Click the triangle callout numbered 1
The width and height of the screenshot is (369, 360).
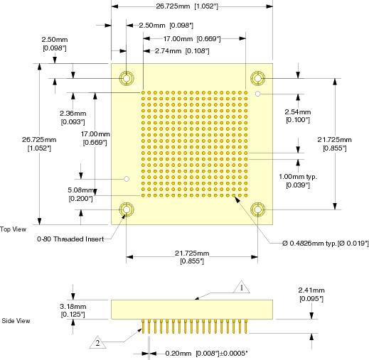pyautogui.click(x=242, y=288)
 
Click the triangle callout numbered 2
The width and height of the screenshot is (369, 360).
pyautogui.click(x=97, y=342)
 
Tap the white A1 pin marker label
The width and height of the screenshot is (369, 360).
pyautogui.click(x=137, y=87)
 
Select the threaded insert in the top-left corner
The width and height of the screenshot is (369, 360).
pyautogui.click(x=127, y=78)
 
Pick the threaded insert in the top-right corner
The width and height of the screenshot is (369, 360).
pyautogui.click(x=257, y=78)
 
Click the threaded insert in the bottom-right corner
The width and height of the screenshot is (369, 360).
pyautogui.click(x=257, y=209)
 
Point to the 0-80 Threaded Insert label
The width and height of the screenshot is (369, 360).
pyautogui.click(x=70, y=239)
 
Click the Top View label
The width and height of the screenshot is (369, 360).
pyautogui.click(x=13, y=229)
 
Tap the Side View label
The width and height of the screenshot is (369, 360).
pyautogui.click(x=16, y=321)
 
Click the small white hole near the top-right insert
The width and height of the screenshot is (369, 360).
pyautogui.click(x=258, y=94)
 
